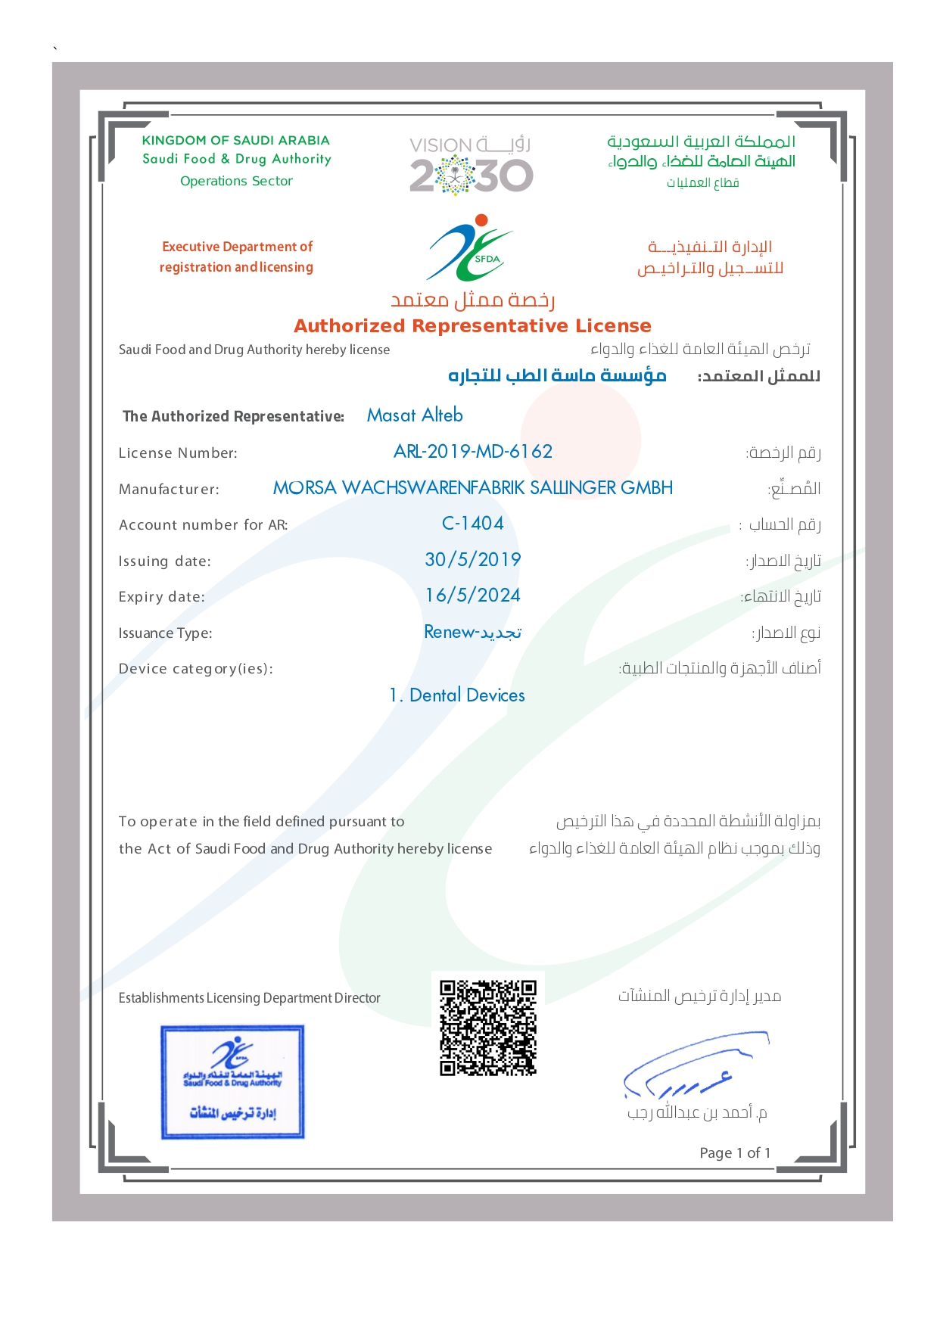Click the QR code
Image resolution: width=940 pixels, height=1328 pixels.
coord(488,1027)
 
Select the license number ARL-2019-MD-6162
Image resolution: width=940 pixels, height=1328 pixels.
coord(473,452)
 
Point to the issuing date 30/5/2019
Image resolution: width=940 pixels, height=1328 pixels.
coord(473,560)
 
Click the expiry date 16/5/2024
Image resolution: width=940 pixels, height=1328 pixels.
coord(473,596)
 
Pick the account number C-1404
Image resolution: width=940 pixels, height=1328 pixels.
coord(473,524)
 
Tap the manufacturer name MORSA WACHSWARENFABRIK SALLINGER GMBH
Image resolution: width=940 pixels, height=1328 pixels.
coord(473,488)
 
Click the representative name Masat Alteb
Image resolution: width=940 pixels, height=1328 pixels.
coord(415,415)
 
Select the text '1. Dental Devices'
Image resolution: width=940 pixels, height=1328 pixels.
coord(457,695)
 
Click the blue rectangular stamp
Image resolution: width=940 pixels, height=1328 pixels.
coord(232,1081)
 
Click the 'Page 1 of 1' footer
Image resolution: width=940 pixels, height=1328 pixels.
coord(735,1152)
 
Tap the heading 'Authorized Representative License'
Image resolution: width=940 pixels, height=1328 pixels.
coord(472,326)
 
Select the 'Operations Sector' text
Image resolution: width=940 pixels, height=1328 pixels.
coord(236,181)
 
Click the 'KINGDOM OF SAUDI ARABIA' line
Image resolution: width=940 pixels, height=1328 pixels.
coord(236,140)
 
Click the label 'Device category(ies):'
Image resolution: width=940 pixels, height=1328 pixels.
coord(195,669)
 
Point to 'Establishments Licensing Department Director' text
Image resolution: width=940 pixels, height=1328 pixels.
coord(249,998)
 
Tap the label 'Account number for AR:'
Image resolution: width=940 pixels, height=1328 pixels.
coord(203,525)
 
